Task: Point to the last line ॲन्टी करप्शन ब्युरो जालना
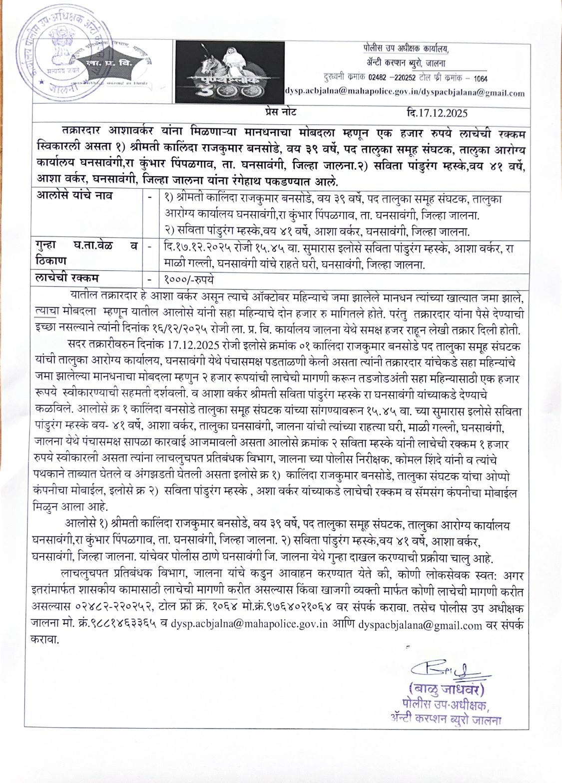point(446,720)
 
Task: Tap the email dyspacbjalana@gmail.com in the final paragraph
point(420,625)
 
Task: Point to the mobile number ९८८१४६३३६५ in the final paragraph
point(115,625)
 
